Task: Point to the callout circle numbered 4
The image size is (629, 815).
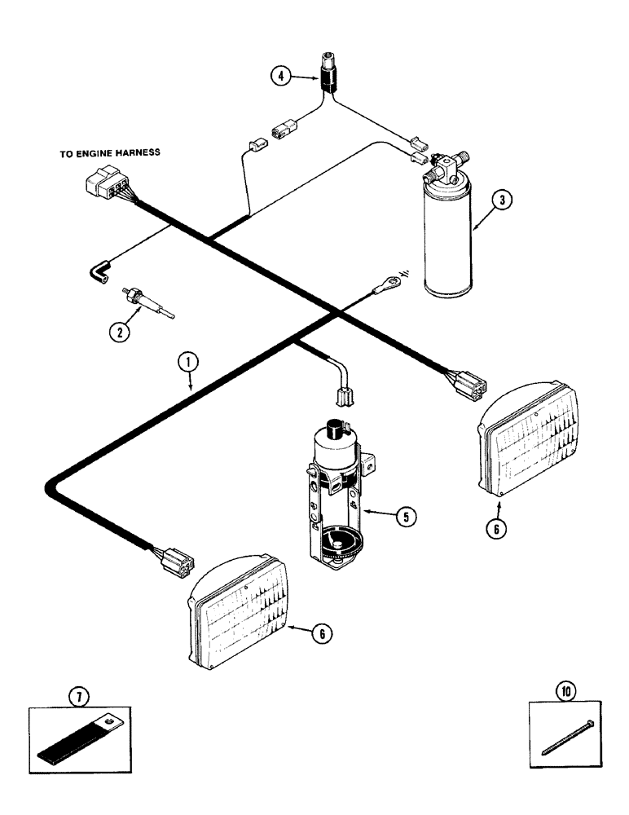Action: tap(281, 77)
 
